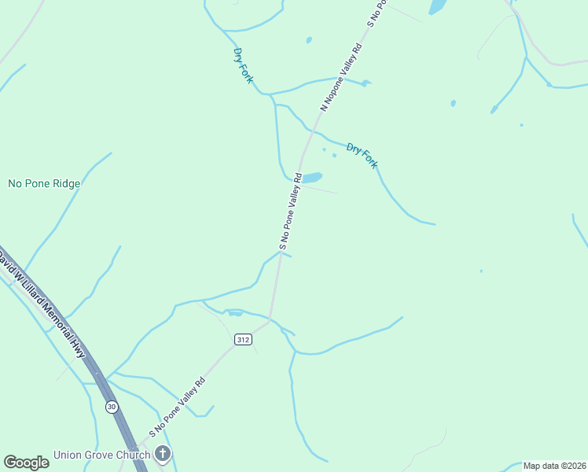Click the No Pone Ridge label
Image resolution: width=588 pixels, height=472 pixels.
click(x=44, y=183)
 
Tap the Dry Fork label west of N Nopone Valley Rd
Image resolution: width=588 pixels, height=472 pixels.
click(x=243, y=65)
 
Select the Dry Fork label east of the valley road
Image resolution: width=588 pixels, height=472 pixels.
click(x=362, y=155)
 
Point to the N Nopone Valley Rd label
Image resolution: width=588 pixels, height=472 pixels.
click(x=340, y=76)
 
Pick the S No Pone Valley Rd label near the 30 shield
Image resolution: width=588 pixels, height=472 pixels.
click(x=178, y=407)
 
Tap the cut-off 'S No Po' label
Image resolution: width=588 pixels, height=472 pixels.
click(x=377, y=13)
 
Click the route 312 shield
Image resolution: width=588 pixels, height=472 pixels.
click(x=243, y=340)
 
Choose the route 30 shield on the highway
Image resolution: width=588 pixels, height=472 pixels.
click(x=112, y=407)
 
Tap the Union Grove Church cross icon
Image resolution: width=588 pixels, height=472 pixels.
click(x=163, y=453)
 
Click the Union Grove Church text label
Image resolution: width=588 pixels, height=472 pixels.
click(x=101, y=455)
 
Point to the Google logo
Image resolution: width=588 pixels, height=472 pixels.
click(x=26, y=462)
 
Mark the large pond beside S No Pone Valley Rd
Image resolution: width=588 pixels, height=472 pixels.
click(x=311, y=178)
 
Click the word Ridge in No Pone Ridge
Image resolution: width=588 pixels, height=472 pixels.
click(x=64, y=183)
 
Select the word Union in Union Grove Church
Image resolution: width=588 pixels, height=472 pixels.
click(x=68, y=455)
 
